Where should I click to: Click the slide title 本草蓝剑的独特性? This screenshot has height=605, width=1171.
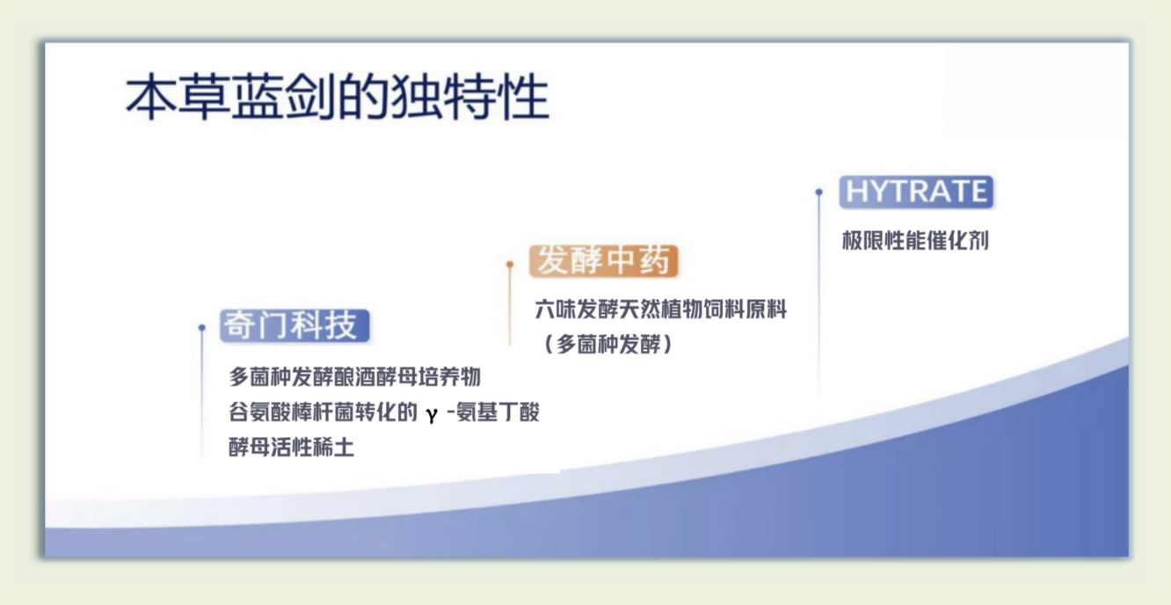tap(338, 97)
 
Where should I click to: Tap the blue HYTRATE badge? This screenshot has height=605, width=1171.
tap(916, 192)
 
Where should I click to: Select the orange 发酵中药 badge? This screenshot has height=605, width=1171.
tap(603, 261)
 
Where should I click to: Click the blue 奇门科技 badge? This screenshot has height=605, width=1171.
tap(295, 325)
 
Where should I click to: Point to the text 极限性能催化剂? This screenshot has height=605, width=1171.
tap(915, 241)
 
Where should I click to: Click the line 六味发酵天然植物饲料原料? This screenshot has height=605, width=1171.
tap(661, 310)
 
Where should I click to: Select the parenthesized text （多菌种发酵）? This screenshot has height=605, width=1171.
tap(608, 344)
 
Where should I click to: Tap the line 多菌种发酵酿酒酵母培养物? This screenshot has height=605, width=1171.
tap(354, 376)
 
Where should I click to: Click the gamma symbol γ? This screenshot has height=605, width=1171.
tap(432, 414)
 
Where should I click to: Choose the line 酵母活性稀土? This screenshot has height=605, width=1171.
tap(291, 447)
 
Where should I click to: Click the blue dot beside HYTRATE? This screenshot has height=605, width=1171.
tap(819, 193)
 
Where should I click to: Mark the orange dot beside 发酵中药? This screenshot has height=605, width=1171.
tap(510, 265)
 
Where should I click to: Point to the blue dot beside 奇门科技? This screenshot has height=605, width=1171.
tap(202, 328)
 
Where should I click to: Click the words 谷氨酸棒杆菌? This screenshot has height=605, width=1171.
tap(291, 412)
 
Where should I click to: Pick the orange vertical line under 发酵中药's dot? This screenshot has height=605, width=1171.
tap(510, 307)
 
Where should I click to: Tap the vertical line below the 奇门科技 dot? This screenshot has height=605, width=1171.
tap(202, 396)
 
